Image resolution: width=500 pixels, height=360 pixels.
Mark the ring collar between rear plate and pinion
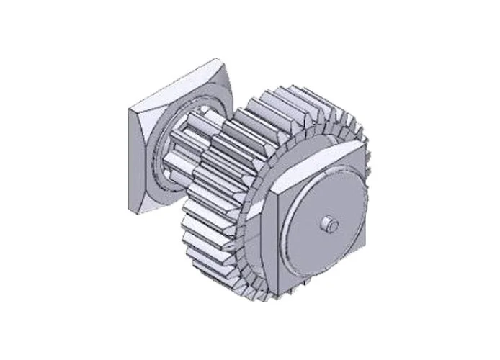point(161,155)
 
